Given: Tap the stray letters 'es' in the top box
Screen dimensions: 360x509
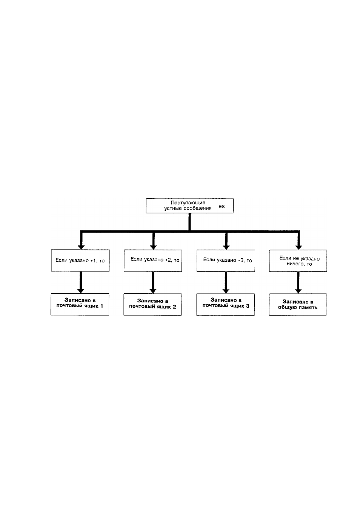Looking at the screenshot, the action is point(222,206).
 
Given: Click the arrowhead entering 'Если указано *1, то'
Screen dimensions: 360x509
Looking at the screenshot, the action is point(81,247).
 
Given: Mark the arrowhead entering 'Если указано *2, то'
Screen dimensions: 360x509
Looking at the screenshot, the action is point(154,247).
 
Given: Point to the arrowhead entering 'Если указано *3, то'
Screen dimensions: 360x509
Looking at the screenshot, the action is point(226,247).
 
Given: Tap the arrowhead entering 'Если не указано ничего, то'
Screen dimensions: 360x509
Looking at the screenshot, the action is point(298,247).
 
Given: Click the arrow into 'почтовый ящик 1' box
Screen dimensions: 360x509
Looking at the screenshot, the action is point(81,282).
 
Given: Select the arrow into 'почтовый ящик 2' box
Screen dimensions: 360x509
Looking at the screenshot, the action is point(153,283).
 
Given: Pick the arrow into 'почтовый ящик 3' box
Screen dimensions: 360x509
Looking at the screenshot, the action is point(226,283).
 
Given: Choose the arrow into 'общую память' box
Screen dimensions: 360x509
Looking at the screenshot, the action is point(298,283).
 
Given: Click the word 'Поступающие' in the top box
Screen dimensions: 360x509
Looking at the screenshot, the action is point(188,203).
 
